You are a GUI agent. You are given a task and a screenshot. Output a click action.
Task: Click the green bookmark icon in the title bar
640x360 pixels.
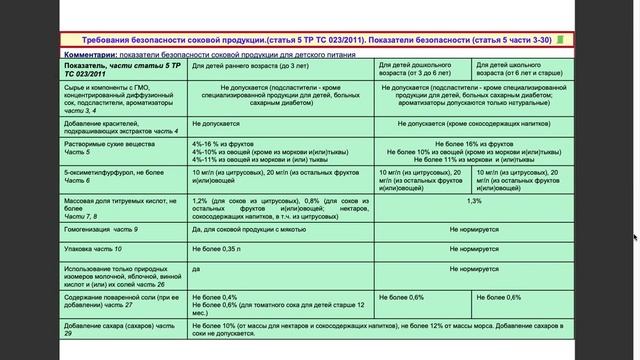point(560,40)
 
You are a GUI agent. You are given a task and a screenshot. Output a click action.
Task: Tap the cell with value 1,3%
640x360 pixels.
point(473,201)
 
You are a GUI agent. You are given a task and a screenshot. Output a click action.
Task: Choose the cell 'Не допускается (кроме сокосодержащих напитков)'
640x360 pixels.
point(473,122)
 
